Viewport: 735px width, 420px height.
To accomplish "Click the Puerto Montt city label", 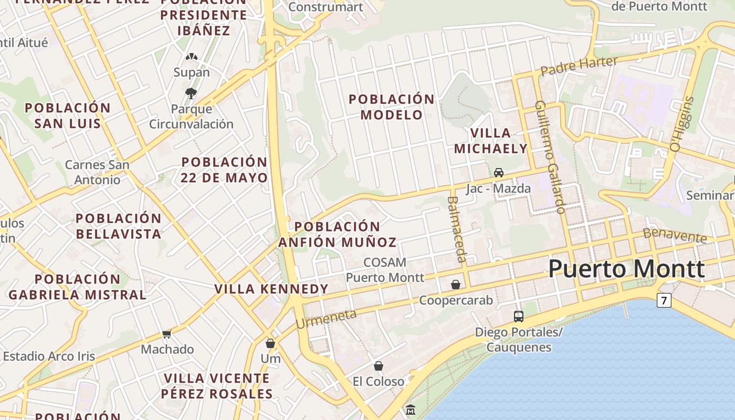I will tap(626, 269).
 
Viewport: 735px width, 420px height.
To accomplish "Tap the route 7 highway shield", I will tap(664, 300).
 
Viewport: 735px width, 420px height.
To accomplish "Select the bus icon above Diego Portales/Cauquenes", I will tap(518, 316).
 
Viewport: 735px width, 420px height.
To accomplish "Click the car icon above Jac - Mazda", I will tap(498, 172).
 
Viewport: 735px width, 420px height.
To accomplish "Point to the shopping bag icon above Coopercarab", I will tap(455, 285).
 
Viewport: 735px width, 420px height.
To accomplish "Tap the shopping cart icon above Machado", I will tap(167, 334).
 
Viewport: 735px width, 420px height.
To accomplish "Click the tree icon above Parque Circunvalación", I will tap(191, 93).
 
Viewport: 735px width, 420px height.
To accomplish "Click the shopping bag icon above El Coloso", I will tap(378, 366).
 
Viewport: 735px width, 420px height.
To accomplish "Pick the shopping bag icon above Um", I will tap(270, 343).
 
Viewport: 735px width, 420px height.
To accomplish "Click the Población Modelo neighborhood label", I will tap(392, 107).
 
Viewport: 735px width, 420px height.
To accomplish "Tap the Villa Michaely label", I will tap(490, 141).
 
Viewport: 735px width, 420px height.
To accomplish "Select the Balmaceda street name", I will tap(456, 229).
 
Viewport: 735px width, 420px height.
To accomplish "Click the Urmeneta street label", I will tap(326, 319).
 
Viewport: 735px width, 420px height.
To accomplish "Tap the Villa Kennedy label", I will tap(271, 289).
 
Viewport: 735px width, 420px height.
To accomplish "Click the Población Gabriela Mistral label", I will tap(77, 287).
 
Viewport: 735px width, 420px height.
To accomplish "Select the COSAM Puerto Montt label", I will tap(385, 269).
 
